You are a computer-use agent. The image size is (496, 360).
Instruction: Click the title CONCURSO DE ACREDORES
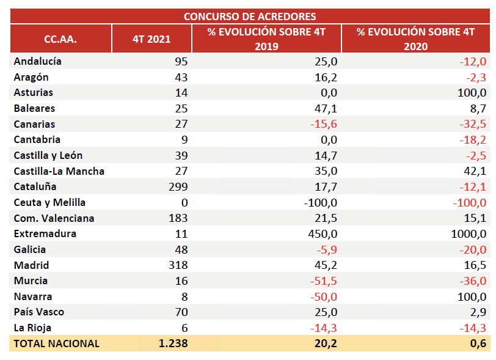(x=250, y=17)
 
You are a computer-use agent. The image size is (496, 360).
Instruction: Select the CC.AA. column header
(x=60, y=39)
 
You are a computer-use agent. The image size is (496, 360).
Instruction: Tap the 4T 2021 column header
(x=151, y=39)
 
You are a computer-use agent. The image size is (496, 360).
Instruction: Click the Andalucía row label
(x=37, y=61)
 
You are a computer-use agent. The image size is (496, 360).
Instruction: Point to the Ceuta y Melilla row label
(x=49, y=202)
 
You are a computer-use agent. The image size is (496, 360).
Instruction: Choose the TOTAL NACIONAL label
(x=56, y=343)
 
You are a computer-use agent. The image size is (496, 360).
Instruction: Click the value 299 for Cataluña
(x=177, y=186)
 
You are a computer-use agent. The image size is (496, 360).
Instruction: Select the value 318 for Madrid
(x=177, y=265)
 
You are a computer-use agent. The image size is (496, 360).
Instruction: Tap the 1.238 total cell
(x=173, y=343)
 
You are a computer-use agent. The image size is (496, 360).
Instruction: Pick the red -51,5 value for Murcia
(x=324, y=281)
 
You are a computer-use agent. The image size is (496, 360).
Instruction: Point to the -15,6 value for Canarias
(x=324, y=124)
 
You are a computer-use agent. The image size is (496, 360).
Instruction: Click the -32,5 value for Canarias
(x=473, y=124)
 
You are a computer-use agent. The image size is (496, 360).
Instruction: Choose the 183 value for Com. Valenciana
(x=177, y=218)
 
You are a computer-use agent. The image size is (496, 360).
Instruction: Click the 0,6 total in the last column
(x=479, y=343)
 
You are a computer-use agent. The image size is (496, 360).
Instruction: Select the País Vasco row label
(x=38, y=312)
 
